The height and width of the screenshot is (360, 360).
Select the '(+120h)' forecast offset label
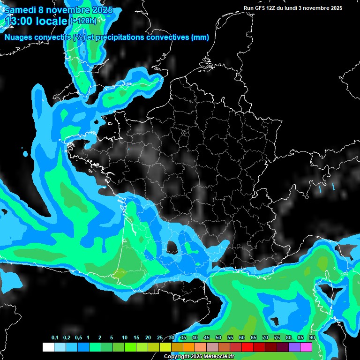click(x=83, y=21)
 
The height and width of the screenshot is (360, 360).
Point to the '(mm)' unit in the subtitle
click(x=200, y=37)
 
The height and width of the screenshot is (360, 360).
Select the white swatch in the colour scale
click(x=48, y=347)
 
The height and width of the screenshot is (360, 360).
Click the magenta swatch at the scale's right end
click(x=306, y=347)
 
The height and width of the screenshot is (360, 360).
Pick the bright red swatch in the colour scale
click(x=247, y=347)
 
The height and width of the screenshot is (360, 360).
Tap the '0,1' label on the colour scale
click(x=54, y=338)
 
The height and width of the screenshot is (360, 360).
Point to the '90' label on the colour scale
click(x=312, y=338)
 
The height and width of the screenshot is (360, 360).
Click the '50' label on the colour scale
click(x=218, y=338)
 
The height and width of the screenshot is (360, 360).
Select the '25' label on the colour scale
click(x=160, y=338)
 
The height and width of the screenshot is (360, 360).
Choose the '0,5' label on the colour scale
click(x=78, y=338)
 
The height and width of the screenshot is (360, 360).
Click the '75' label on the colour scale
click(x=277, y=338)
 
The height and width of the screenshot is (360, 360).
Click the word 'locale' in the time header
click(x=51, y=21)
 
